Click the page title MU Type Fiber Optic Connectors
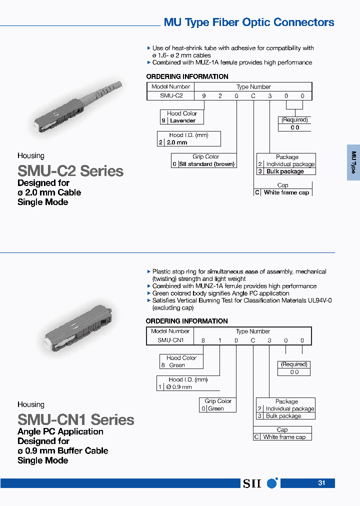point(249,22)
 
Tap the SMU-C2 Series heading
point(70,171)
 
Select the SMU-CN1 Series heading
point(76,419)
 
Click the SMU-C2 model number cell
point(171,95)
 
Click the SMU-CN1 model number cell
point(171,340)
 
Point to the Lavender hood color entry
point(182,120)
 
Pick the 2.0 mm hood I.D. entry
point(177,142)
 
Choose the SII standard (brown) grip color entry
point(206,164)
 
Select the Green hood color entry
point(177,365)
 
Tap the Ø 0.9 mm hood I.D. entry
point(178,387)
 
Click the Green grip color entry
point(216,408)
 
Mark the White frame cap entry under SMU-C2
point(286,192)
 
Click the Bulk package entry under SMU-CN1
point(283,416)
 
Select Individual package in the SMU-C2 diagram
point(290,164)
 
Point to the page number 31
point(321,483)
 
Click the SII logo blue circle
point(272,483)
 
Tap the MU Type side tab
point(353,162)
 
